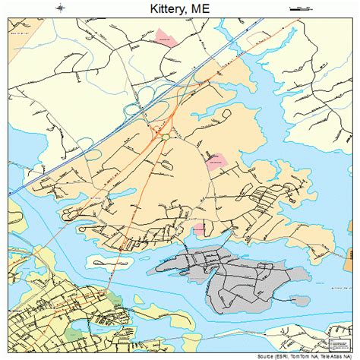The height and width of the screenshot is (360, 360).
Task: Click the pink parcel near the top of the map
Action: click(165, 36)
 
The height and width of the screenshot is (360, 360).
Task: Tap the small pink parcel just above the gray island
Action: click(198, 229)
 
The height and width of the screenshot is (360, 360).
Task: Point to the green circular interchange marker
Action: click(164, 136)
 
